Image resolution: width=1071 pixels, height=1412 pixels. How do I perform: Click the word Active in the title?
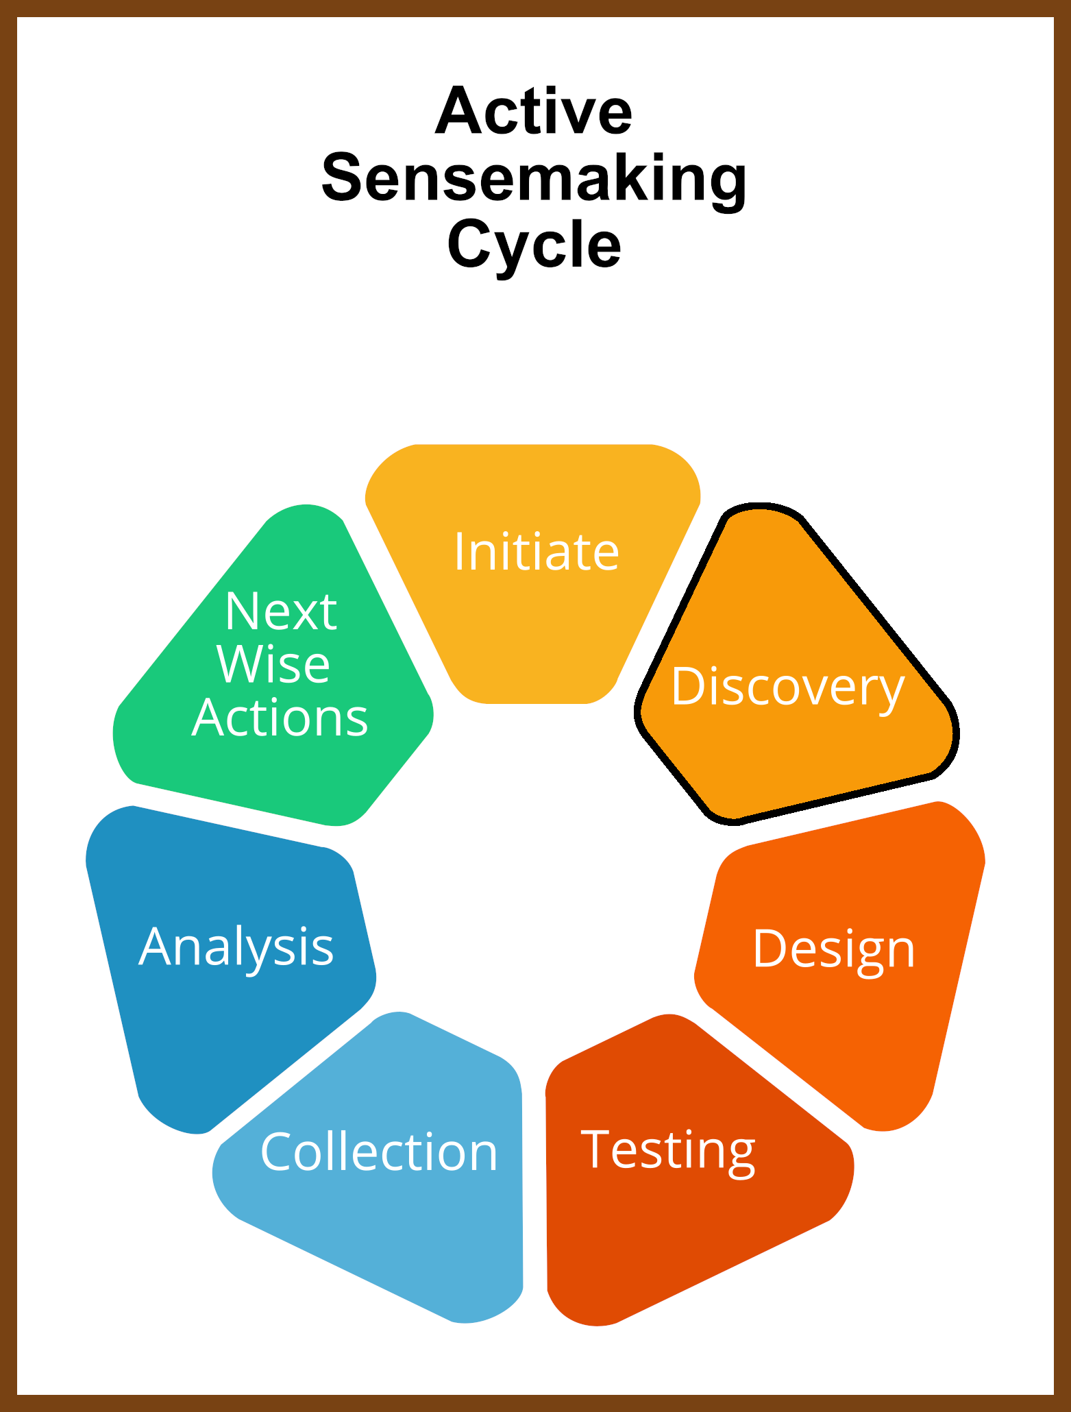click(534, 111)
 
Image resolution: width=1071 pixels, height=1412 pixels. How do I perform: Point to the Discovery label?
click(788, 687)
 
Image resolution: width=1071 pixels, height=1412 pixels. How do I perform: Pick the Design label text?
click(834, 951)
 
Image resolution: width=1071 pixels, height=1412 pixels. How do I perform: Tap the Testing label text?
click(668, 1152)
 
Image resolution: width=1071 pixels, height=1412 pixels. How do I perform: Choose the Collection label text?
click(379, 1153)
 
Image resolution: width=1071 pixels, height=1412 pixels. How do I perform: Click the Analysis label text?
click(236, 948)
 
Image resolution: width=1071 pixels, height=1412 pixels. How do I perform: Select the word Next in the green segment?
click(281, 611)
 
